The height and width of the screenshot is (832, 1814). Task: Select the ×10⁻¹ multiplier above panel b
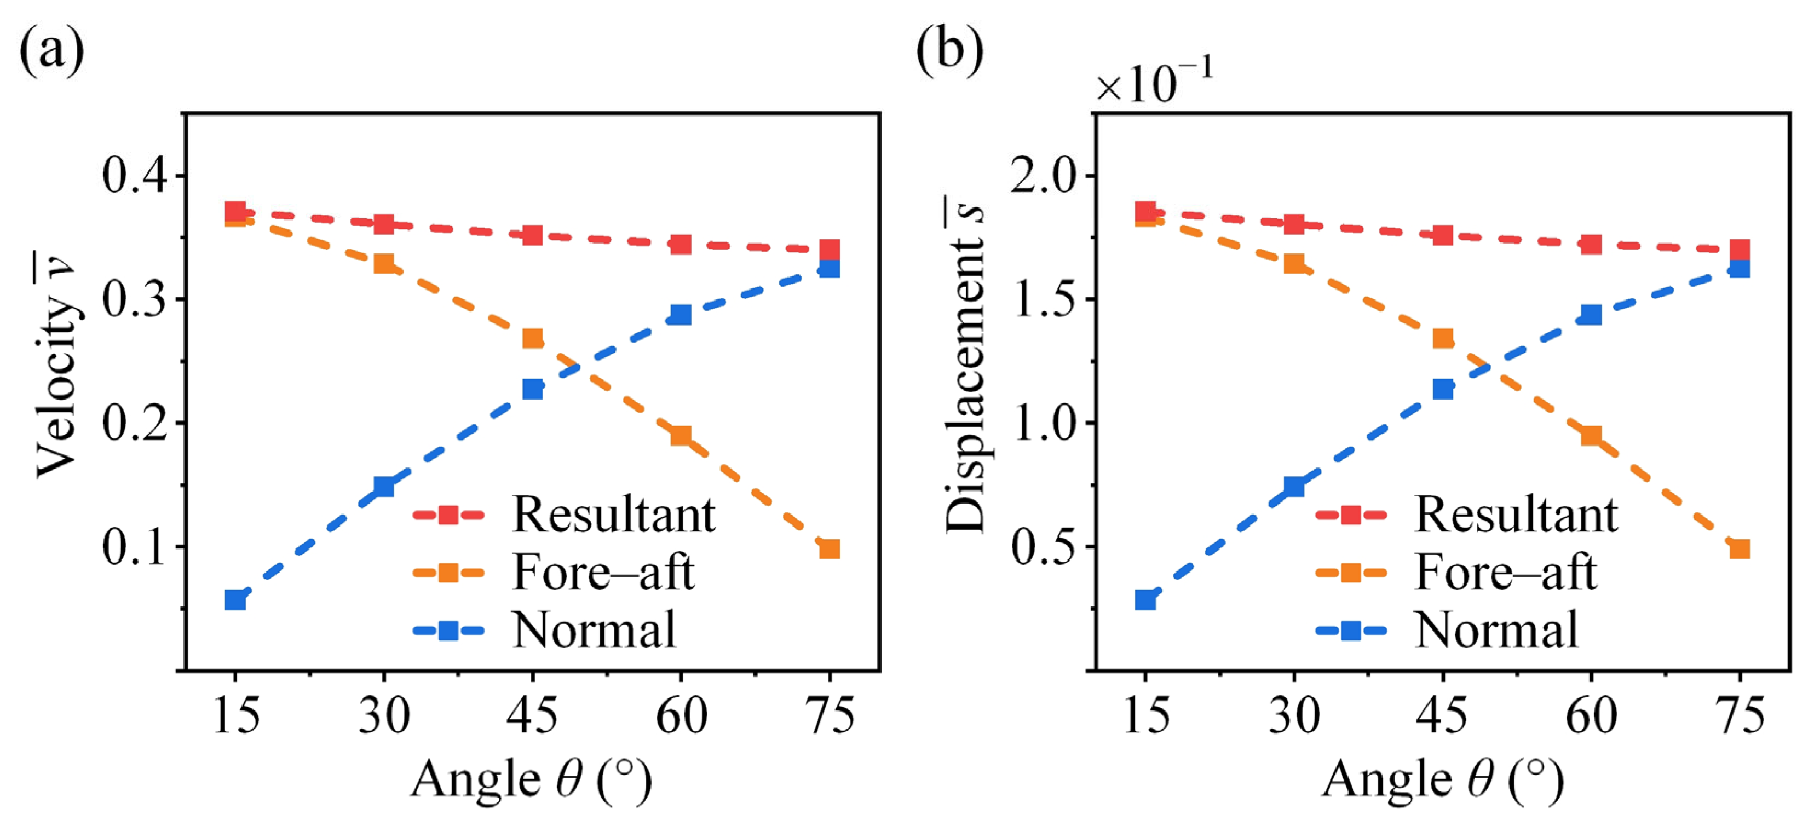coord(1154,81)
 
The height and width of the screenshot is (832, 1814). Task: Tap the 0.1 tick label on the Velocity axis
coord(135,547)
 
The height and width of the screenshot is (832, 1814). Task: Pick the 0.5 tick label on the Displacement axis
coord(1044,547)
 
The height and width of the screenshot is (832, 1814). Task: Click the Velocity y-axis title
coord(56,373)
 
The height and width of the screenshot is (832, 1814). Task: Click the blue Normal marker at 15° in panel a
coord(235,600)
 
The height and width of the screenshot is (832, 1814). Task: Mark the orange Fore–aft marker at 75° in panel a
coord(830,549)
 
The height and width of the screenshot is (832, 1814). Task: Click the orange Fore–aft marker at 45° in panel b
coord(1443,339)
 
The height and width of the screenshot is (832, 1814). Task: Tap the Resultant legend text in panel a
coord(614,515)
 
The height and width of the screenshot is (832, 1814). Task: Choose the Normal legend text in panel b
coord(1496,629)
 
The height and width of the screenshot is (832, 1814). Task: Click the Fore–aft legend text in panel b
coord(1506,571)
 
